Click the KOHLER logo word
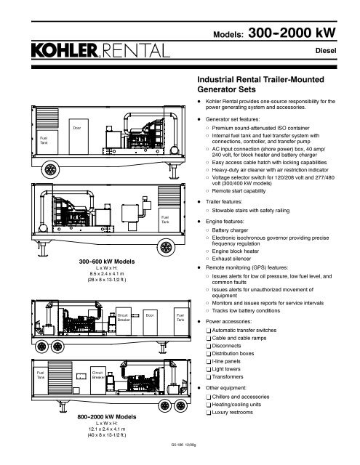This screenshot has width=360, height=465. [x=65, y=50]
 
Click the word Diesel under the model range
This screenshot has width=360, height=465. [x=326, y=51]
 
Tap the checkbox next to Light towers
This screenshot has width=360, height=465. [x=208, y=370]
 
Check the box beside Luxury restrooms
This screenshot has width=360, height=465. [x=208, y=413]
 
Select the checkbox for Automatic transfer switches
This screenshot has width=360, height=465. [x=208, y=331]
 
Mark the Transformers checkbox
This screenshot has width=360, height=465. [x=208, y=377]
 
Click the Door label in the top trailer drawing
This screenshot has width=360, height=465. [x=77, y=128]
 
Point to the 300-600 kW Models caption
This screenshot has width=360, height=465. [x=107, y=262]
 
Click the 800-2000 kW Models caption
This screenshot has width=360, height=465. [x=107, y=416]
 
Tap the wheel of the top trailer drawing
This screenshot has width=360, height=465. [x=50, y=169]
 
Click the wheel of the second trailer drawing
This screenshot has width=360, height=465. [x=166, y=247]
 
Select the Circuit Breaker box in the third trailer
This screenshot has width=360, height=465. [x=124, y=321]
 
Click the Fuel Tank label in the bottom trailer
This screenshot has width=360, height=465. [x=40, y=375]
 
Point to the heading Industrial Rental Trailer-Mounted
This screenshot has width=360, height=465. [x=260, y=79]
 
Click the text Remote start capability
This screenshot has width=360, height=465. [x=239, y=191]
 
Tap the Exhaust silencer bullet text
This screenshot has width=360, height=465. [x=231, y=259]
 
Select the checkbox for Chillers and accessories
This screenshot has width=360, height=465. [x=208, y=397]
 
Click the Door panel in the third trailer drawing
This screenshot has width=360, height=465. [x=150, y=323]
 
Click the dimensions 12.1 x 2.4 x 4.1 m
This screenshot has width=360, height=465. [x=107, y=429]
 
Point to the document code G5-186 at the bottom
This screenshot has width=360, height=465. [x=176, y=445]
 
